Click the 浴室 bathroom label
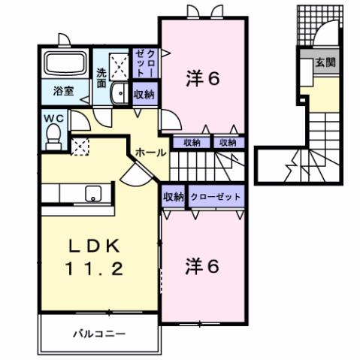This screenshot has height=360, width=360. [64, 91]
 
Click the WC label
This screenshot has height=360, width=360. [53, 118]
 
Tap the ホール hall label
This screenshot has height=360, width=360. [150, 152]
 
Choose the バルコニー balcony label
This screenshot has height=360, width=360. [99, 332]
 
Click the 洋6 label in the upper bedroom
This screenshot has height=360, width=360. [202, 78]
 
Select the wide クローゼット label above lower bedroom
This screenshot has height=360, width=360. [216, 196]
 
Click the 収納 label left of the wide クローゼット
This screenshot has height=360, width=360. [174, 196]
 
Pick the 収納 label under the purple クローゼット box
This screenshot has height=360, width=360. [144, 95]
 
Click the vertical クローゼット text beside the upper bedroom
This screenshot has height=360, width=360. [144, 63]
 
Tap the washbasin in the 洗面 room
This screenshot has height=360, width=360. [118, 94]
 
